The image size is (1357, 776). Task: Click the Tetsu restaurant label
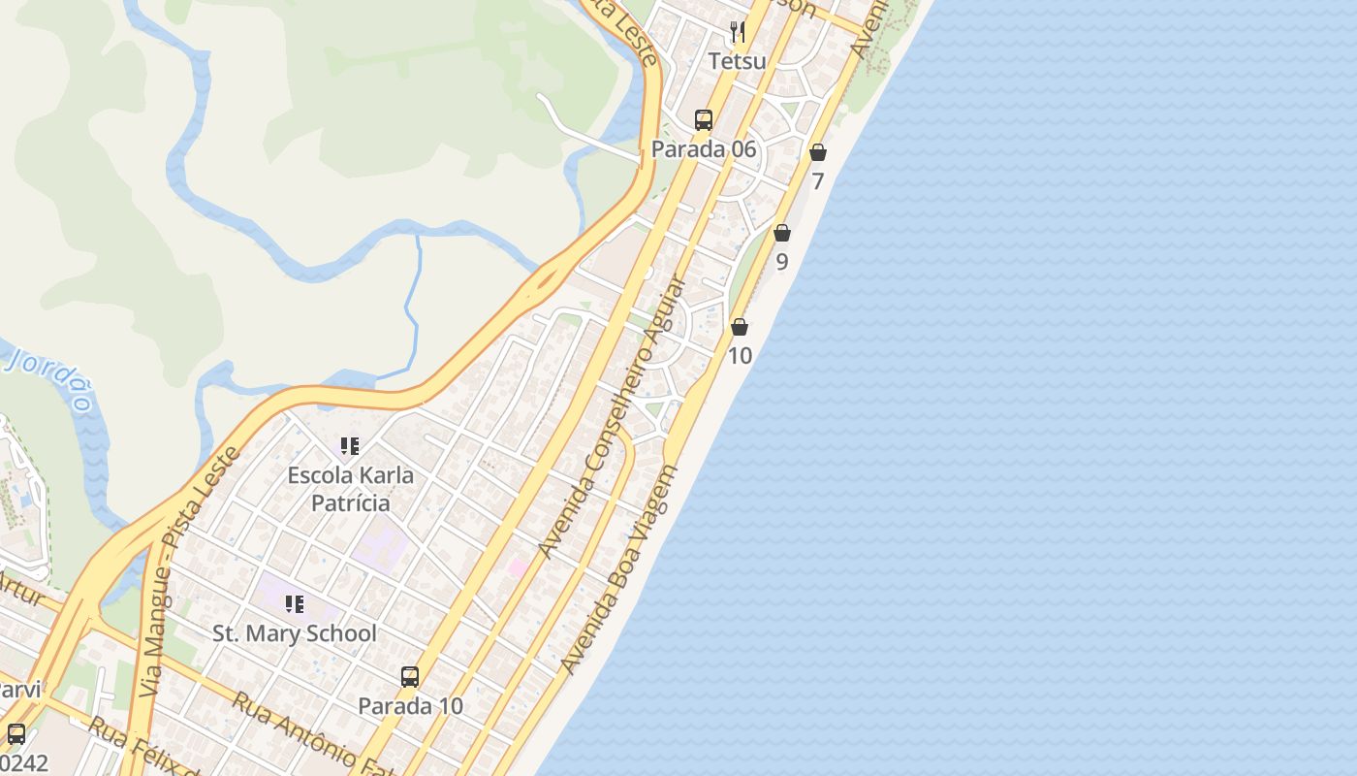pyautogui.click(x=737, y=61)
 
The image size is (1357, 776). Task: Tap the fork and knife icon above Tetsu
pyautogui.click(x=738, y=32)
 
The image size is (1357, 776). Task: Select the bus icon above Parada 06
pyautogui.click(x=704, y=120)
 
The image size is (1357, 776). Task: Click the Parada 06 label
pyautogui.click(x=704, y=149)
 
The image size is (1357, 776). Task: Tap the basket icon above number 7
pyautogui.click(x=818, y=152)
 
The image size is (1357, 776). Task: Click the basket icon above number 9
pyautogui.click(x=782, y=233)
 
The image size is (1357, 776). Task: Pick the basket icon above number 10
pyautogui.click(x=740, y=327)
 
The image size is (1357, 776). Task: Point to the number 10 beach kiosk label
pyautogui.click(x=740, y=356)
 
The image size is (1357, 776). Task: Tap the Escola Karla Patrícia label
pyautogui.click(x=350, y=489)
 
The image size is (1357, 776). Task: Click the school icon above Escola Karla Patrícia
pyautogui.click(x=350, y=446)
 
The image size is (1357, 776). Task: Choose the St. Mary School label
pyautogui.click(x=295, y=633)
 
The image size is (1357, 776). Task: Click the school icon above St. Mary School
pyautogui.click(x=295, y=605)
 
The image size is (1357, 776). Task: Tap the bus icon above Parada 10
pyautogui.click(x=410, y=677)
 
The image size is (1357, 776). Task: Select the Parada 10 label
pyautogui.click(x=410, y=706)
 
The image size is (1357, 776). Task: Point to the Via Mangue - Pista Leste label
pyautogui.click(x=190, y=572)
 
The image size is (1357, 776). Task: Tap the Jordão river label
pyautogui.click(x=53, y=378)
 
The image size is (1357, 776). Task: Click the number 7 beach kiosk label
pyautogui.click(x=818, y=181)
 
